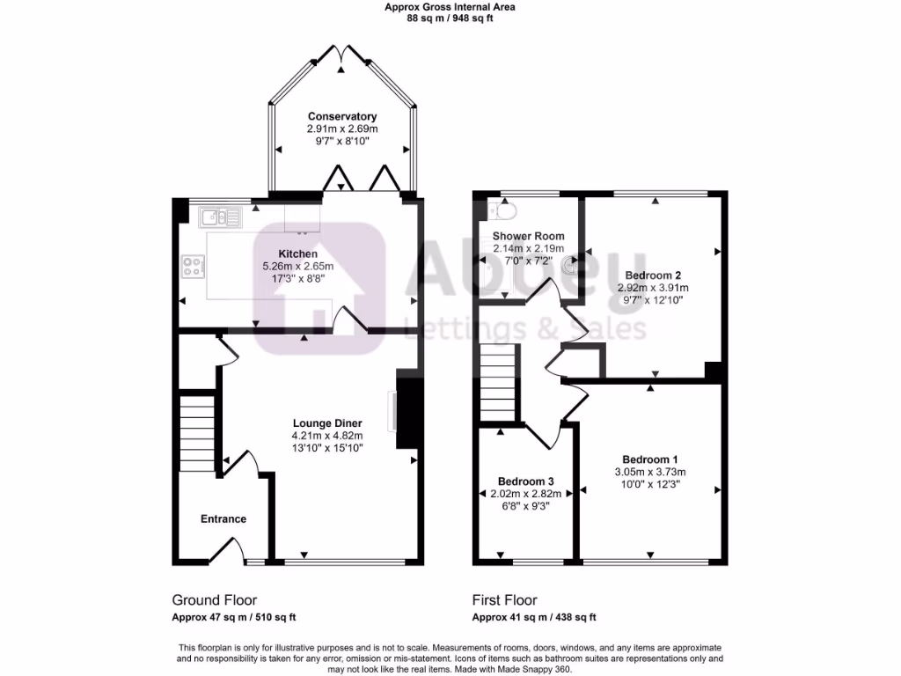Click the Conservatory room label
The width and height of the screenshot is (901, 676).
(342, 116)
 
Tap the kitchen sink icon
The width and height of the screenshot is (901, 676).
(214, 217)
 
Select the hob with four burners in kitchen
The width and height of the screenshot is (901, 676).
(193, 265)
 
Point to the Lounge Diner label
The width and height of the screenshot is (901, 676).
(327, 422)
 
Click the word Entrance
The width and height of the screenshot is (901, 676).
(223, 518)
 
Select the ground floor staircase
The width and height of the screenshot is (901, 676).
(197, 433)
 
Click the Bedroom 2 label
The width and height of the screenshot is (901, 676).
(653, 275)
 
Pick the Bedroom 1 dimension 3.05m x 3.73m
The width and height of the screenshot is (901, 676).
(650, 472)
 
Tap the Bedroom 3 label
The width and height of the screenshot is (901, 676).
(525, 481)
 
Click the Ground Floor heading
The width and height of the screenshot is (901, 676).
(209, 600)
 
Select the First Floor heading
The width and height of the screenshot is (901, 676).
(504, 600)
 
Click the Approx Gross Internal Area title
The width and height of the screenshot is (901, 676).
(450, 7)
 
